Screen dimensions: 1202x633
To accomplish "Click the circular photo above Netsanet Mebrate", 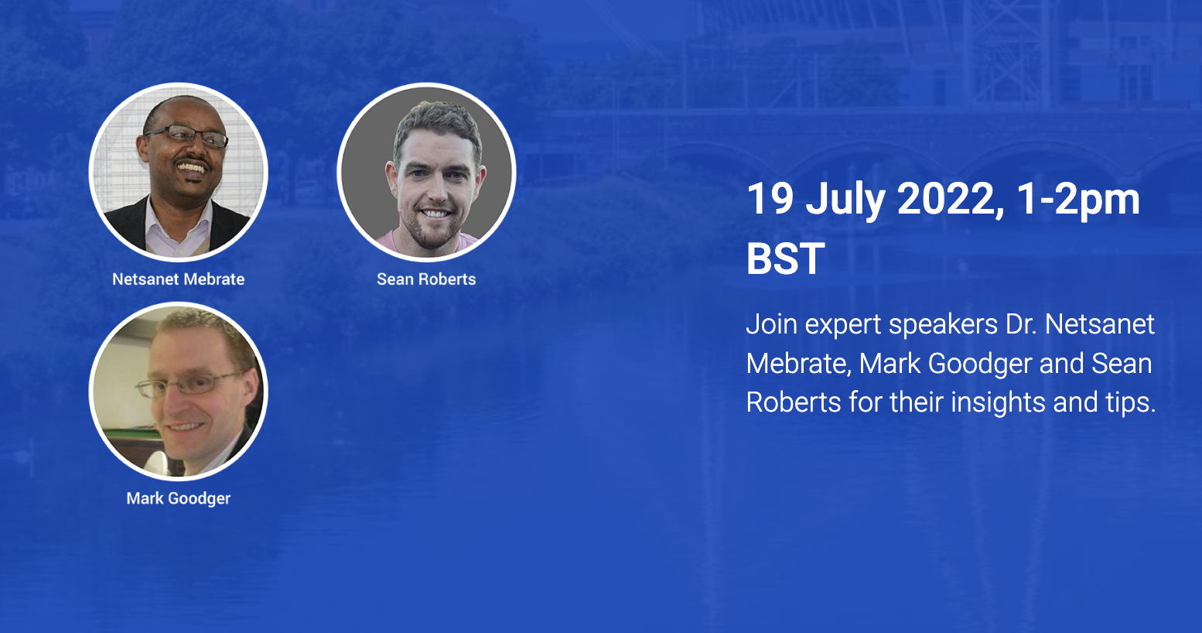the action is (178, 173).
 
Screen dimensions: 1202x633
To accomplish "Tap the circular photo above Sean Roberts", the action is (427, 173).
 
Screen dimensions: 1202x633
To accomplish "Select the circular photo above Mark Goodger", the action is (178, 392).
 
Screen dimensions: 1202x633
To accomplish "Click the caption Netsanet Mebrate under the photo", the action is (178, 279).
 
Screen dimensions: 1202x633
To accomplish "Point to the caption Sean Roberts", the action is (426, 279).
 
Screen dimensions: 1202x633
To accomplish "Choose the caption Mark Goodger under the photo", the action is (178, 499).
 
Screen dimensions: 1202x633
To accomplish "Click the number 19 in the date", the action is (770, 199).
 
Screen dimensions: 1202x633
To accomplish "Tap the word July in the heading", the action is (845, 202).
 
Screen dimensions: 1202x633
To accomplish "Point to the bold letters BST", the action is (786, 258).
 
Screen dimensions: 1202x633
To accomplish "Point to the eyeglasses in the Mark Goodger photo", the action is (190, 384).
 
